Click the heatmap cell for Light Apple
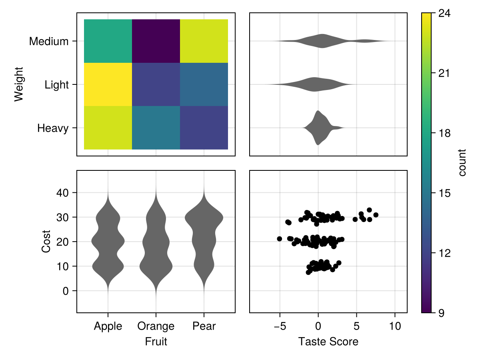108,84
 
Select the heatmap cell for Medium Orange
156,41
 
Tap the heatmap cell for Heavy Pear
204,128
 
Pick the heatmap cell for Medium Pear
204,41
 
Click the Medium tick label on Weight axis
49,41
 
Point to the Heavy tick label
53,128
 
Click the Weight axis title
18,84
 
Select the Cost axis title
46,241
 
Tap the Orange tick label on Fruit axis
156,326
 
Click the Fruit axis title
156,342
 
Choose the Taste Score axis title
328,342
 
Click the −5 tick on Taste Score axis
279,326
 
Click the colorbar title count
462,163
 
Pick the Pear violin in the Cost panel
204,240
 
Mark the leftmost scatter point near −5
279,239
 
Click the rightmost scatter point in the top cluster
376,215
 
